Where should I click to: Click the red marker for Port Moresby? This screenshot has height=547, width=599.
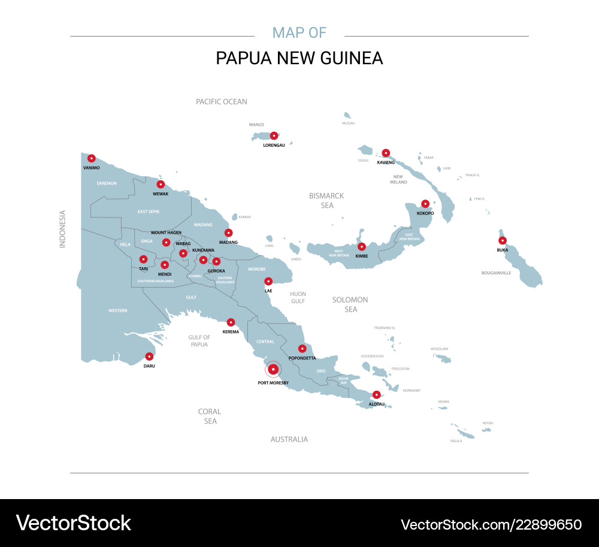(273, 369)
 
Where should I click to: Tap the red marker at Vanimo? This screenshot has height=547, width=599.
(91, 159)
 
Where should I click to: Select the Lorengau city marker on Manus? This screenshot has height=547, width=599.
(274, 136)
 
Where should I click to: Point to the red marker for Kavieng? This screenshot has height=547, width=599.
(386, 153)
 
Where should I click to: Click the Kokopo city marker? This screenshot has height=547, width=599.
(425, 204)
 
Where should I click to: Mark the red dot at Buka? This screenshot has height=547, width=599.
(503, 240)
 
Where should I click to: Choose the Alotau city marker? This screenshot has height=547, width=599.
(376, 395)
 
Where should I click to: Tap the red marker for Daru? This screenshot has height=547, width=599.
(149, 356)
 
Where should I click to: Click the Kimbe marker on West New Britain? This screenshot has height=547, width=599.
(361, 246)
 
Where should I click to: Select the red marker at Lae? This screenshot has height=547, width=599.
(268, 281)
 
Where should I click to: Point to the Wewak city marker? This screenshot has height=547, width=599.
(161, 184)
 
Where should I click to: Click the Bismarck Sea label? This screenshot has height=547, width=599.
(326, 201)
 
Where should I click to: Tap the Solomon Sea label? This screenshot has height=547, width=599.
(350, 304)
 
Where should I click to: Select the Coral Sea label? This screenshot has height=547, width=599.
(210, 416)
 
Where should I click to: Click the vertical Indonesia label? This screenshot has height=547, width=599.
(62, 228)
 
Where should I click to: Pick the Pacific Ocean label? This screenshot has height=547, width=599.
(222, 102)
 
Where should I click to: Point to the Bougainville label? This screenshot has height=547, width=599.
(497, 273)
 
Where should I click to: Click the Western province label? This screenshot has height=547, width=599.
(117, 310)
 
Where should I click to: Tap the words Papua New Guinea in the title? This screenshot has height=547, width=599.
(299, 58)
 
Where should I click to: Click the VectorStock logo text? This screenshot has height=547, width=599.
(73, 523)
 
